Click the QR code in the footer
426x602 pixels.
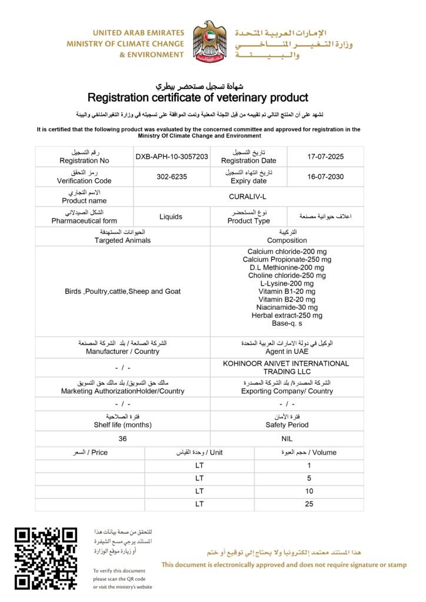[x=46, y=558]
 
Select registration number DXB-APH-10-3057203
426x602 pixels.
[x=172, y=157]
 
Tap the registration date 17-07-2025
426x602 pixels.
[x=325, y=157]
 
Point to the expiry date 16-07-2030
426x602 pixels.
[x=325, y=177]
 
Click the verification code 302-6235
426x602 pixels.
[x=172, y=177]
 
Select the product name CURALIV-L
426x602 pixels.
[x=248, y=197]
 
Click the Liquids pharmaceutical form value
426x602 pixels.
[x=171, y=216]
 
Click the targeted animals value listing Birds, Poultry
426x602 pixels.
[x=123, y=291]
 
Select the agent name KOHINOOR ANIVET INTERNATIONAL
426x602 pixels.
[x=286, y=363]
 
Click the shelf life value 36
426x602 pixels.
[x=122, y=439]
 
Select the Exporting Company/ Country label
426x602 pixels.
[x=287, y=391]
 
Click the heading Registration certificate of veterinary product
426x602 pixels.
[x=198, y=98]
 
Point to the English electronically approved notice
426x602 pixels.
[x=284, y=565]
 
